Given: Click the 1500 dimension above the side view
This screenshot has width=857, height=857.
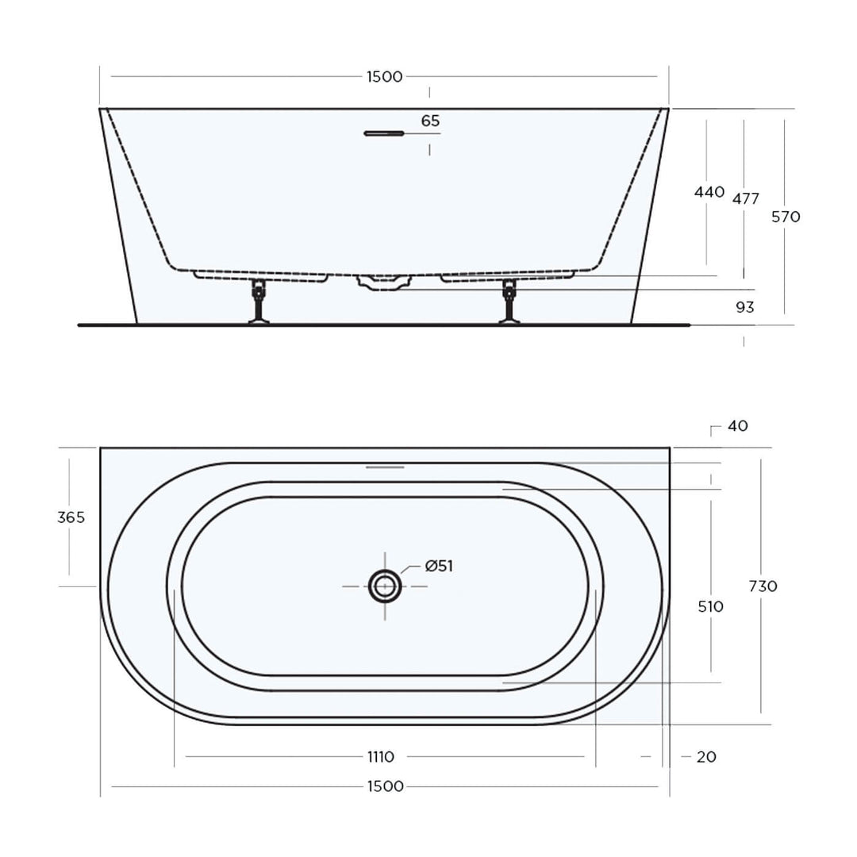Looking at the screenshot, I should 384,77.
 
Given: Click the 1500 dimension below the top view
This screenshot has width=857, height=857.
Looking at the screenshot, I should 384,786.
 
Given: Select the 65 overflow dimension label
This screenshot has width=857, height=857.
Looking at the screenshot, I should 430,121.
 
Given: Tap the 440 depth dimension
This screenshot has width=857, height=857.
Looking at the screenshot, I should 709,192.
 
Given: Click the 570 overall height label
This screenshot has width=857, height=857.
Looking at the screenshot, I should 786,217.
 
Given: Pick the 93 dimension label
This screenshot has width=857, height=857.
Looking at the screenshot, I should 744,307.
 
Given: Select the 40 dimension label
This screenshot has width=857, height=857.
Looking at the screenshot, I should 736,426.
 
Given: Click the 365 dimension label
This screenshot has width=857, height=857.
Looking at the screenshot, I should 71,517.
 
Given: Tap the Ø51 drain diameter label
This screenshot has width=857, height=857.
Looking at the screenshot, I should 439,566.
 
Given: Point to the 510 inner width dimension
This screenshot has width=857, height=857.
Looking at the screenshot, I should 710,607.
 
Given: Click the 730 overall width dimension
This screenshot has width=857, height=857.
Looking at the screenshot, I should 763,586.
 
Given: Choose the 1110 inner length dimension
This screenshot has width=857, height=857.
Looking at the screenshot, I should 381,757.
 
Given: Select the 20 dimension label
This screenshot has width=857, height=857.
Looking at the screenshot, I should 705,757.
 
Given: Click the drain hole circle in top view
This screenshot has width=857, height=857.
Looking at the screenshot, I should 385,586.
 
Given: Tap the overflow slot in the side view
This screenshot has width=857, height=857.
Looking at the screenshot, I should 384,133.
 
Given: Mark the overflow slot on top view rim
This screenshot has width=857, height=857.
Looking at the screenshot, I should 385,467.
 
